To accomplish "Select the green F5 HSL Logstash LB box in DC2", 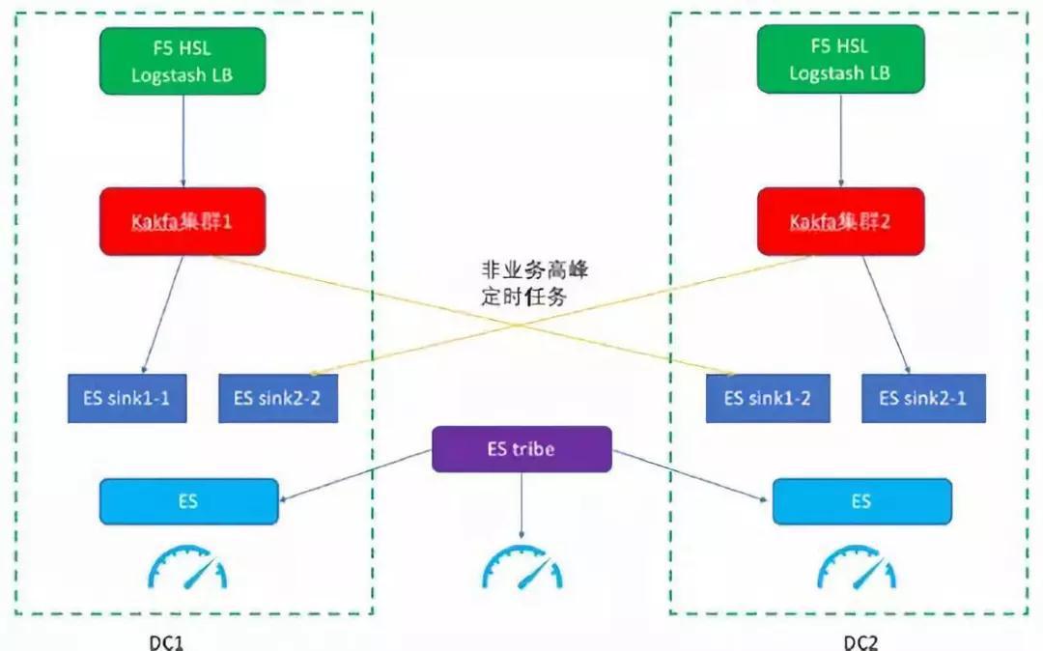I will click(840, 59).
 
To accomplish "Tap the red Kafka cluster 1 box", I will click(182, 221).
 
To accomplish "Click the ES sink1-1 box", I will click(127, 398).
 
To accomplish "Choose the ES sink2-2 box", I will click(278, 398).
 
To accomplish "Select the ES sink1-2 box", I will click(768, 398).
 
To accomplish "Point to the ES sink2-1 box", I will click(924, 398).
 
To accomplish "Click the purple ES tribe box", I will click(521, 449).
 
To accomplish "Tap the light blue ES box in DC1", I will click(189, 501).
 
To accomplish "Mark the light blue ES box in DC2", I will click(862, 501).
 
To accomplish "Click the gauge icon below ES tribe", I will click(521, 569).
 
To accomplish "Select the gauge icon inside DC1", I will click(187, 569).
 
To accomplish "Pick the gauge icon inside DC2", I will click(857, 569).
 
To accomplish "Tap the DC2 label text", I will click(860, 641).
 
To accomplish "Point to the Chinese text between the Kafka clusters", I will click(534, 284).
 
